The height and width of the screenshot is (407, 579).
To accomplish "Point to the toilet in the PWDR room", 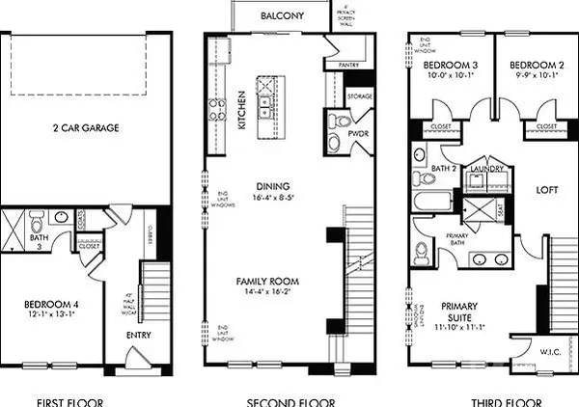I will [x=338, y=123].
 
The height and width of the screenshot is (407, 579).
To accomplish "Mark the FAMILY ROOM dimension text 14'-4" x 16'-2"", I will [x=268, y=293].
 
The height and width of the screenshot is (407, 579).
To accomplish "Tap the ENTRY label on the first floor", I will [x=139, y=337].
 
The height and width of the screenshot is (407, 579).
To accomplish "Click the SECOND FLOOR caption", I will [x=285, y=400].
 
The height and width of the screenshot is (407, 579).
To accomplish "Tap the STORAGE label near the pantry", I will [x=361, y=96].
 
